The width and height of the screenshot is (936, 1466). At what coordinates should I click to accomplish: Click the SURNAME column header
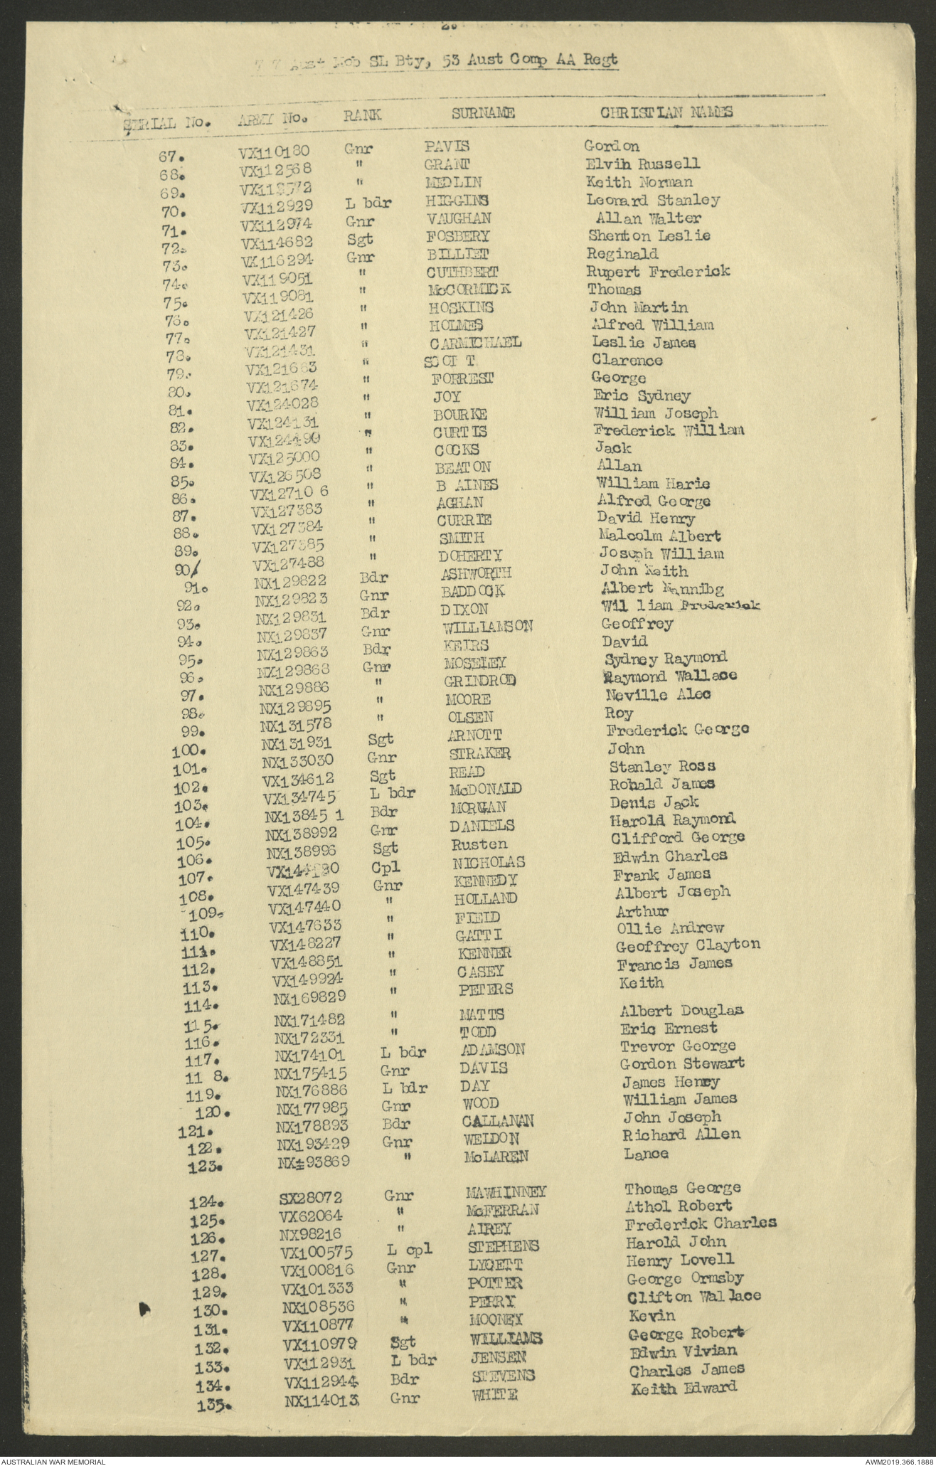pyautogui.click(x=483, y=112)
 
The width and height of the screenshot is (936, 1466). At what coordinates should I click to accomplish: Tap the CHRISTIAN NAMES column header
pyautogui.click(x=666, y=112)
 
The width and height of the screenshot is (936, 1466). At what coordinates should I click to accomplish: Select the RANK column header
pyautogui.click(x=363, y=115)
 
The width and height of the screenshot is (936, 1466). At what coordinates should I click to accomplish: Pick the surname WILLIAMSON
pyautogui.click(x=488, y=627)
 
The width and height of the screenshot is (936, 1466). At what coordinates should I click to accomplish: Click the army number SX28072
pyautogui.click(x=310, y=1197)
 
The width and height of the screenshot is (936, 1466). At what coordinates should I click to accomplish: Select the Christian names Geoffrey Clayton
pyautogui.click(x=688, y=945)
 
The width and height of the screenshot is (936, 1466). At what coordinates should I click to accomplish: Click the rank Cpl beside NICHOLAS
pyautogui.click(x=385, y=867)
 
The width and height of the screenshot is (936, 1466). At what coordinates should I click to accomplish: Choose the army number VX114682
pyautogui.click(x=275, y=243)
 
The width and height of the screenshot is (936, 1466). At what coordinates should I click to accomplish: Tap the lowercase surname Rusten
pyautogui.click(x=479, y=844)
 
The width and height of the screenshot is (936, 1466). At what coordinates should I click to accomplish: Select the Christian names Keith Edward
pyautogui.click(x=684, y=1387)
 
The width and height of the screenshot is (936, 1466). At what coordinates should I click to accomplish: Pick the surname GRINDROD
pyautogui.click(x=480, y=681)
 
